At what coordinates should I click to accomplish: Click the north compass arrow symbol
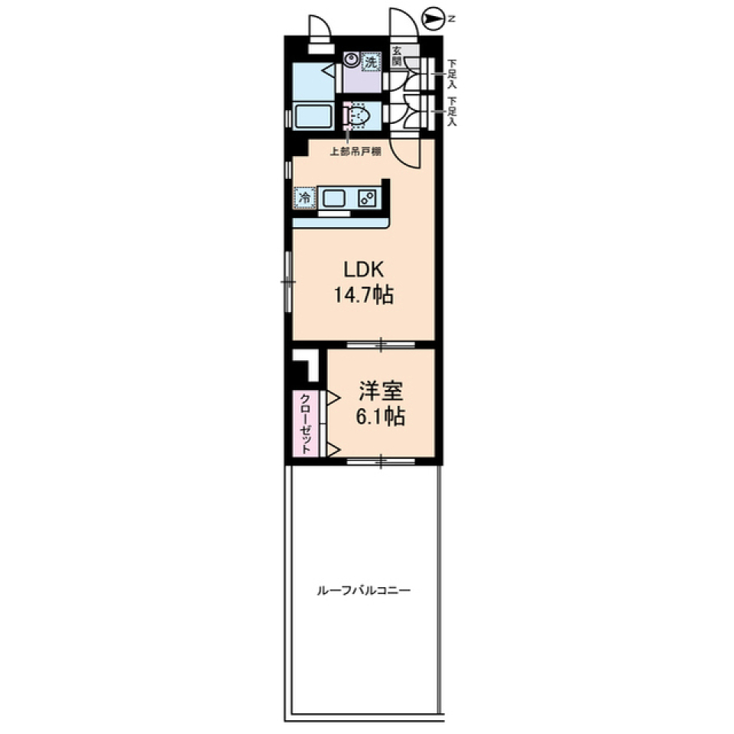434,18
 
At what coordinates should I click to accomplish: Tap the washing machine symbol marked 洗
371,62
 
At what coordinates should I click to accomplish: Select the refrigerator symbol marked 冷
305,197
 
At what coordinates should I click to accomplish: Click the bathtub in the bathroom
313,115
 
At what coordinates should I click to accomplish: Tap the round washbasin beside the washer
351,60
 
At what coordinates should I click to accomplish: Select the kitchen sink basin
334,198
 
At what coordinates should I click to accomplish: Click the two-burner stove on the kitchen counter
366,198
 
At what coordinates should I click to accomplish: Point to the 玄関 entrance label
397,56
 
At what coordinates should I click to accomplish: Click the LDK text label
364,270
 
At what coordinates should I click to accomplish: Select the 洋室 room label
381,391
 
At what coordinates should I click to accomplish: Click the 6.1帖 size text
381,416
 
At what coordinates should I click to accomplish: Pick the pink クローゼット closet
305,424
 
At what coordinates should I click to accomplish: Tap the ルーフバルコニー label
364,590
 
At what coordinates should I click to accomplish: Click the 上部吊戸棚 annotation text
356,151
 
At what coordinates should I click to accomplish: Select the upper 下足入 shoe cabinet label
452,73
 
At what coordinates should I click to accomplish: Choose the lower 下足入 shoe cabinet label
452,112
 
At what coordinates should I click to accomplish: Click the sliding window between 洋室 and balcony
381,461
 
